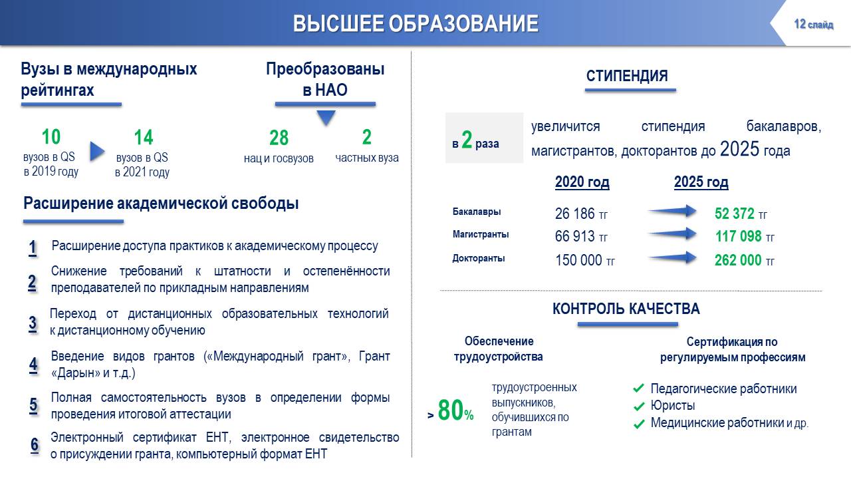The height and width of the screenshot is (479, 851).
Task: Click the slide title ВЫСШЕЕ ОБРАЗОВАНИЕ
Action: coord(416,23)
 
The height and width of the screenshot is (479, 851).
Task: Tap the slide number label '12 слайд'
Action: coord(813,25)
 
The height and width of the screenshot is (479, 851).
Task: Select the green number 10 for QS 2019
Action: coord(51,137)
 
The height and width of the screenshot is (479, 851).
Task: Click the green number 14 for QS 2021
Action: coord(143,137)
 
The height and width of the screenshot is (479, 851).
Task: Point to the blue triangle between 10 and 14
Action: coord(97,151)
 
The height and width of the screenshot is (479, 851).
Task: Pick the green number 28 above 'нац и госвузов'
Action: coord(279,138)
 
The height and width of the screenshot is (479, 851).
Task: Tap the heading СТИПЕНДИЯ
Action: coord(627,76)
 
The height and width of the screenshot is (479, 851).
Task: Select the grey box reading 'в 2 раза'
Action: coord(485,138)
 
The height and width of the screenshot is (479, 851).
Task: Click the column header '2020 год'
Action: coord(582,182)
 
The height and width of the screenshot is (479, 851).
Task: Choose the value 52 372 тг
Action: coord(741,214)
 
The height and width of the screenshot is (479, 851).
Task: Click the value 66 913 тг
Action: coord(581,236)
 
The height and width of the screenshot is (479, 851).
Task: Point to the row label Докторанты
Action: coord(478,259)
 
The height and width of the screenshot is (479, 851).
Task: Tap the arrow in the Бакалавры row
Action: coord(672,211)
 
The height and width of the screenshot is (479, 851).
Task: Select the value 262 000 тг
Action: coord(744,260)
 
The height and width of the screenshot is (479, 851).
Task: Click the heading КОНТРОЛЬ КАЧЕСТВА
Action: coord(626,309)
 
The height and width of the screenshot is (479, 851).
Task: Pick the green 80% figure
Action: coord(455,410)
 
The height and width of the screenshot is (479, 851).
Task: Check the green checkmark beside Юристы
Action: coord(639,406)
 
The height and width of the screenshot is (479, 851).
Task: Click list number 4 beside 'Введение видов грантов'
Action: coord(33,365)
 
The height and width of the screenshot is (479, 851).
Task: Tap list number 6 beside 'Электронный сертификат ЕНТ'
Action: coord(35,445)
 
